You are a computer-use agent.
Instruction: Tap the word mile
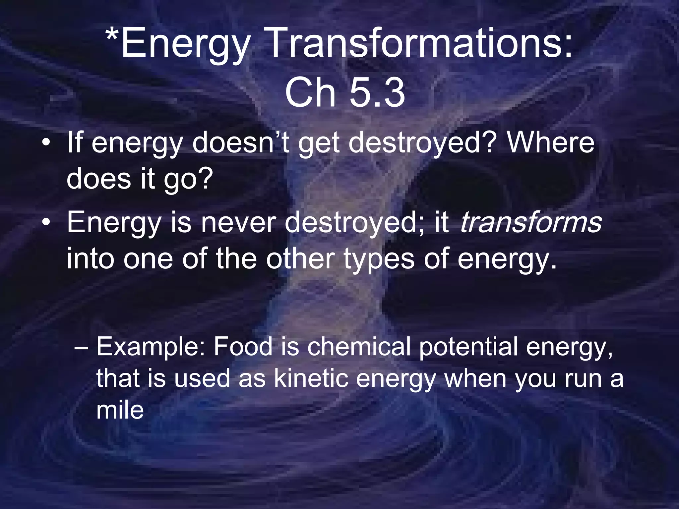[120, 410]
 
